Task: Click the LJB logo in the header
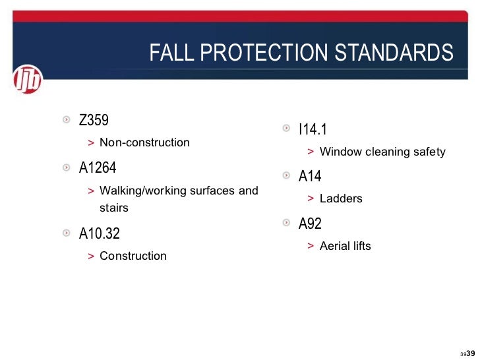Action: coord(27,80)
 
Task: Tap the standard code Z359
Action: coord(94,121)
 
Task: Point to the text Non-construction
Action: coord(144,142)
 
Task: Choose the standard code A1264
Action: coord(98,168)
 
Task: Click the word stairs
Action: coord(114,208)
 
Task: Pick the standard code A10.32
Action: coord(100,234)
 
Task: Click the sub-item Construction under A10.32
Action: coord(133,256)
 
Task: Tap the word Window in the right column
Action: coord(339,152)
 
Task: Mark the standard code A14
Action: coord(310,177)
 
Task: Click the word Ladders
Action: coord(341,198)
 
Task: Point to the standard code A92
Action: coord(310,224)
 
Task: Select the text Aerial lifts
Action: coord(345,246)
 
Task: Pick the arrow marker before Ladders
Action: coord(310,198)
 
